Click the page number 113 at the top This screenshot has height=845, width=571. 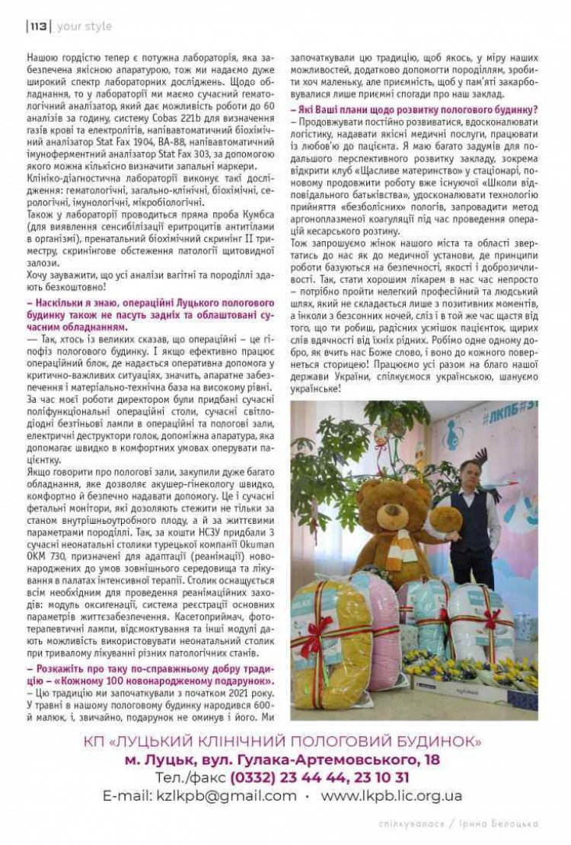(x=37, y=27)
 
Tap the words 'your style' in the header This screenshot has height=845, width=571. (x=84, y=27)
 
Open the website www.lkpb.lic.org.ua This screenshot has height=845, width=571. (x=391, y=796)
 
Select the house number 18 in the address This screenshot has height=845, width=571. (x=432, y=759)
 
